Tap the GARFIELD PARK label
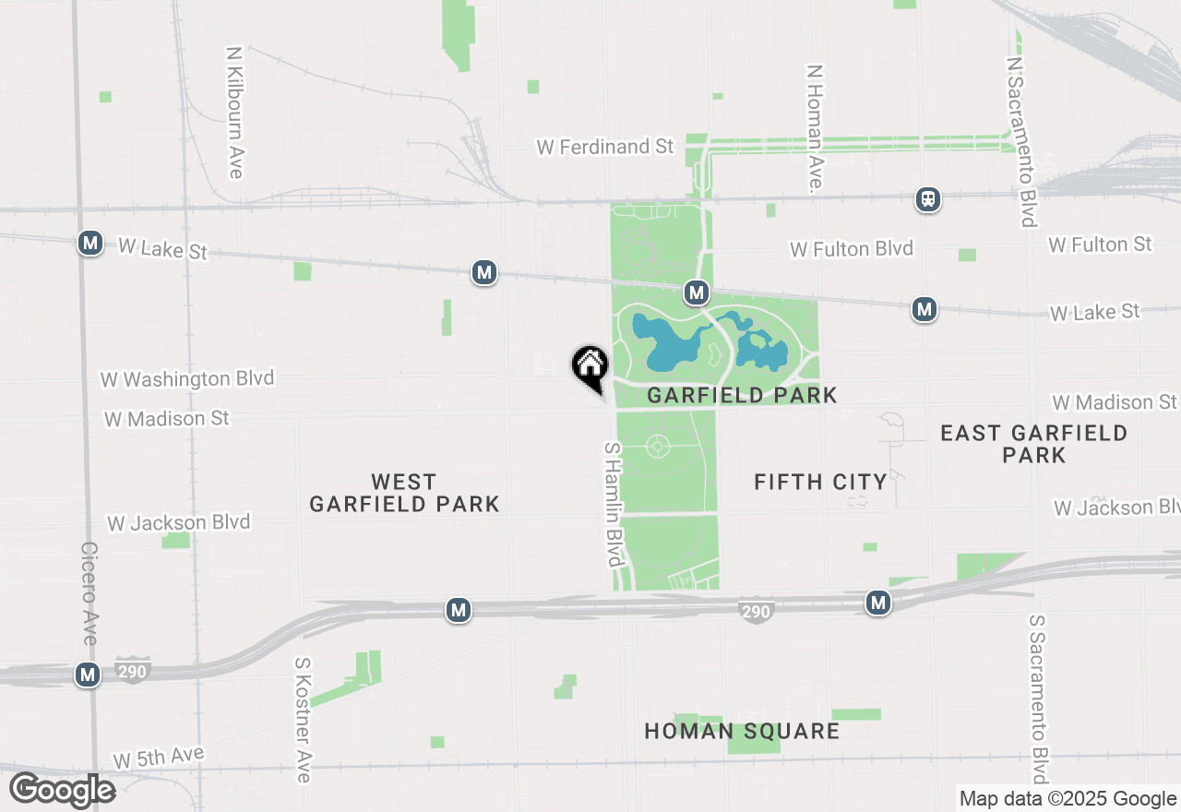tap(742, 396)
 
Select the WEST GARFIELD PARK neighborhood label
tap(404, 493)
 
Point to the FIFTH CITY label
tap(820, 482)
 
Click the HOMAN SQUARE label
tap(742, 732)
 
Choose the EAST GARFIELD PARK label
tap(1033, 444)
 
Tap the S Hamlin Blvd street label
tap(614, 505)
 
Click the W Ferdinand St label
tap(606, 147)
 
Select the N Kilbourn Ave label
tap(234, 112)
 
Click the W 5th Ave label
tap(159, 758)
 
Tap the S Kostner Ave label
tap(303, 720)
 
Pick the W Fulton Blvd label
tap(852, 248)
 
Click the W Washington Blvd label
tap(187, 379)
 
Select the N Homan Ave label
tap(814, 128)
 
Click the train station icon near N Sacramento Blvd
tap(927, 198)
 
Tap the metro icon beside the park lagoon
tap(696, 293)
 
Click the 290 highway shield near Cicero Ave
tap(132, 671)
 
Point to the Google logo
tap(63, 791)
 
